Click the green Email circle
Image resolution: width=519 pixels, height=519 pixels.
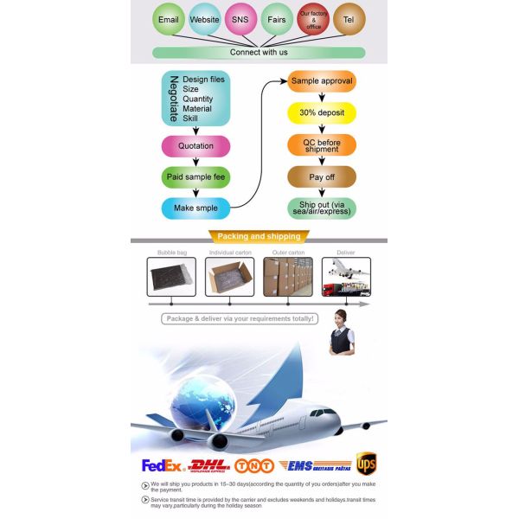169,18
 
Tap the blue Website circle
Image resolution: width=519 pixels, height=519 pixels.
205,18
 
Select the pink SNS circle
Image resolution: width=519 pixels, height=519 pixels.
240,18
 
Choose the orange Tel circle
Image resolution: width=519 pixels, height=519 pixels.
349,18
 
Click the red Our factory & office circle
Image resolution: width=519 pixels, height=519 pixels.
312,18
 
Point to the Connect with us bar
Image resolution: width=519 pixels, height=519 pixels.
259,53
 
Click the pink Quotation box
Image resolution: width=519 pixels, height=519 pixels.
195,146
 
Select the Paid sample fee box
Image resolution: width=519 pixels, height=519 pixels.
195,177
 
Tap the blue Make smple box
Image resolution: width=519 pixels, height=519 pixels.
195,208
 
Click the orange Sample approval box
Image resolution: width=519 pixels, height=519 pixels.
322,81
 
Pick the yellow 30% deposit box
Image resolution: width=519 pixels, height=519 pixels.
322,113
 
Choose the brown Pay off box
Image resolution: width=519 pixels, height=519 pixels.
322,177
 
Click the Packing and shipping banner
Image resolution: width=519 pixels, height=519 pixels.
259,237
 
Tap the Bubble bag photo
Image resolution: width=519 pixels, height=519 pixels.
171,277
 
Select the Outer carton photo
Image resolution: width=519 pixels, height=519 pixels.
288,277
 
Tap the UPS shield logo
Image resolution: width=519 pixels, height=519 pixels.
367,465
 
